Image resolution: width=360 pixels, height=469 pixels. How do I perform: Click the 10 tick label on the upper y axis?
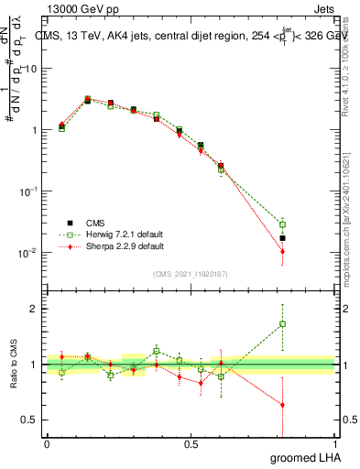pos(32,69)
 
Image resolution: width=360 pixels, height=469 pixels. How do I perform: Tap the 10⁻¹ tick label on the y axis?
pos(28,191)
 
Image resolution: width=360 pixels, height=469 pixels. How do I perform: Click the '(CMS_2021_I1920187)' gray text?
pos(191,274)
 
